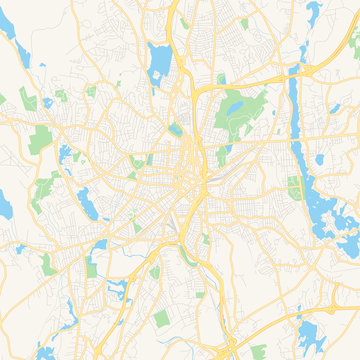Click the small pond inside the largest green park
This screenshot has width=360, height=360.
click(x=237, y=106)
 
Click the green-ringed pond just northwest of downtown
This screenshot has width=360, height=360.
click(x=176, y=129)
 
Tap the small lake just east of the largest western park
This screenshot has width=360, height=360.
click(x=67, y=154)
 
